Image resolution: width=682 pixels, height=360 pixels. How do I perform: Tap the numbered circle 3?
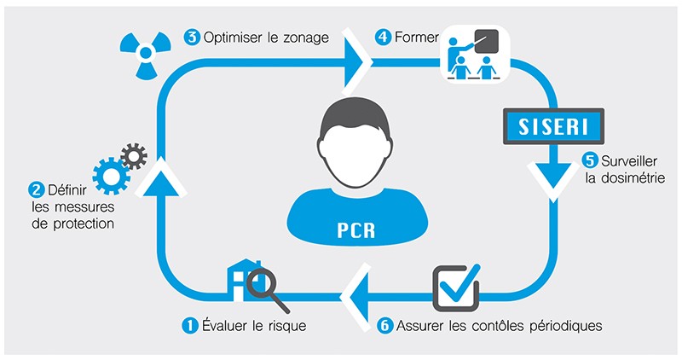tap(192, 37)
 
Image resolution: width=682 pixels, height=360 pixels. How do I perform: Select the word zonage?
tap(307, 37)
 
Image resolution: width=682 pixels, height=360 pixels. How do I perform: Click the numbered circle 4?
tap(383, 37)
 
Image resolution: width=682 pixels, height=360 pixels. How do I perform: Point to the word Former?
tap(415, 37)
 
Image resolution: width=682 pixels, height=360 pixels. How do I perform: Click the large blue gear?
tap(111, 176)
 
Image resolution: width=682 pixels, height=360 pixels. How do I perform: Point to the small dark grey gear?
tap(134, 155)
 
